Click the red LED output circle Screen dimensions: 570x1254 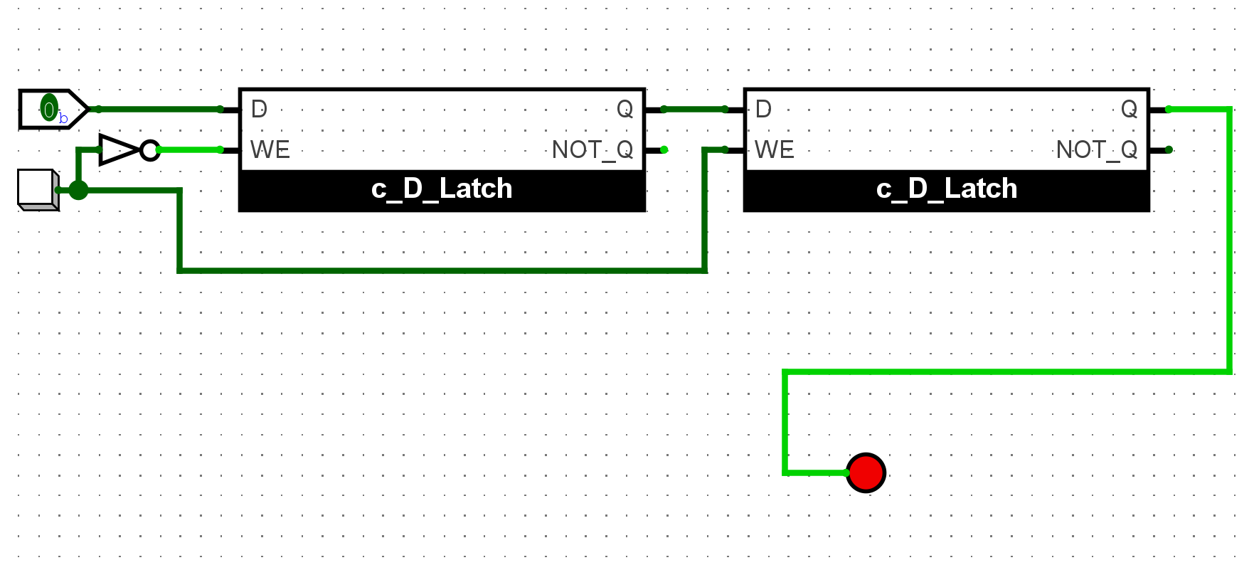(866, 473)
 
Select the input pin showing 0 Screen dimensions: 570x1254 (49, 109)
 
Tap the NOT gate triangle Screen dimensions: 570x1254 (118, 149)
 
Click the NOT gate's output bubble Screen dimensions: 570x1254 (149, 150)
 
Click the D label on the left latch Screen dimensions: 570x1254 (259, 109)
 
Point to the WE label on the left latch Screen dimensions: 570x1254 (270, 149)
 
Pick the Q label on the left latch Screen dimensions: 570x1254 (625, 109)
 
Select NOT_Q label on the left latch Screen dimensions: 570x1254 (593, 149)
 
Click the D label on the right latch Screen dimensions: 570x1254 (763, 109)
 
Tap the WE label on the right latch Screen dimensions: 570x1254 (775, 149)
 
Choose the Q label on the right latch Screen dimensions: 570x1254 (1129, 109)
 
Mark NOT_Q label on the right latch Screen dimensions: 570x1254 (1097, 149)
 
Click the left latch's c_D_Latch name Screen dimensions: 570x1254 (442, 189)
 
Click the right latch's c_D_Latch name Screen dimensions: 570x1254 (947, 189)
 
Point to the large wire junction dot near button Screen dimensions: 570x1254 (78, 190)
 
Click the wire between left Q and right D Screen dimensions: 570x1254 (694, 109)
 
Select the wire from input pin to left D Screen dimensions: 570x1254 (160, 109)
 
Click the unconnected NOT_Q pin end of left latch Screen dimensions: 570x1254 (664, 149)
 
